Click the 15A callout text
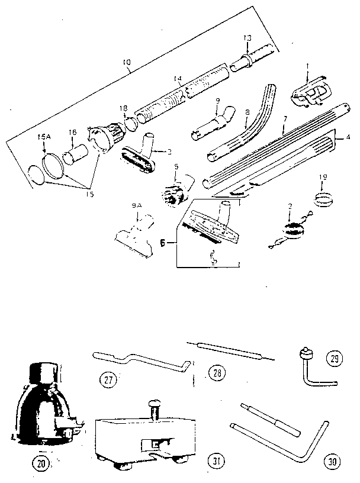tap(44, 137)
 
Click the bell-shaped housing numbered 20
tap(42, 408)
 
